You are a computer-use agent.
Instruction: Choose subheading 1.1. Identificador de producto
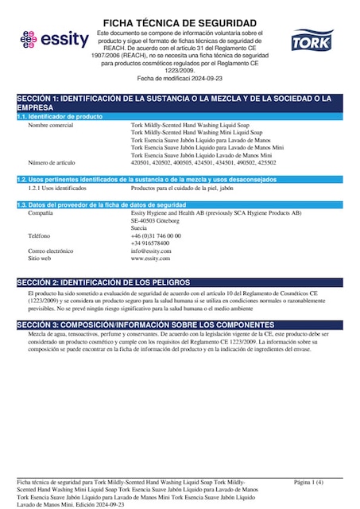point(61,116)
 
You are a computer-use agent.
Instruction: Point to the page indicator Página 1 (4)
point(308,482)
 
